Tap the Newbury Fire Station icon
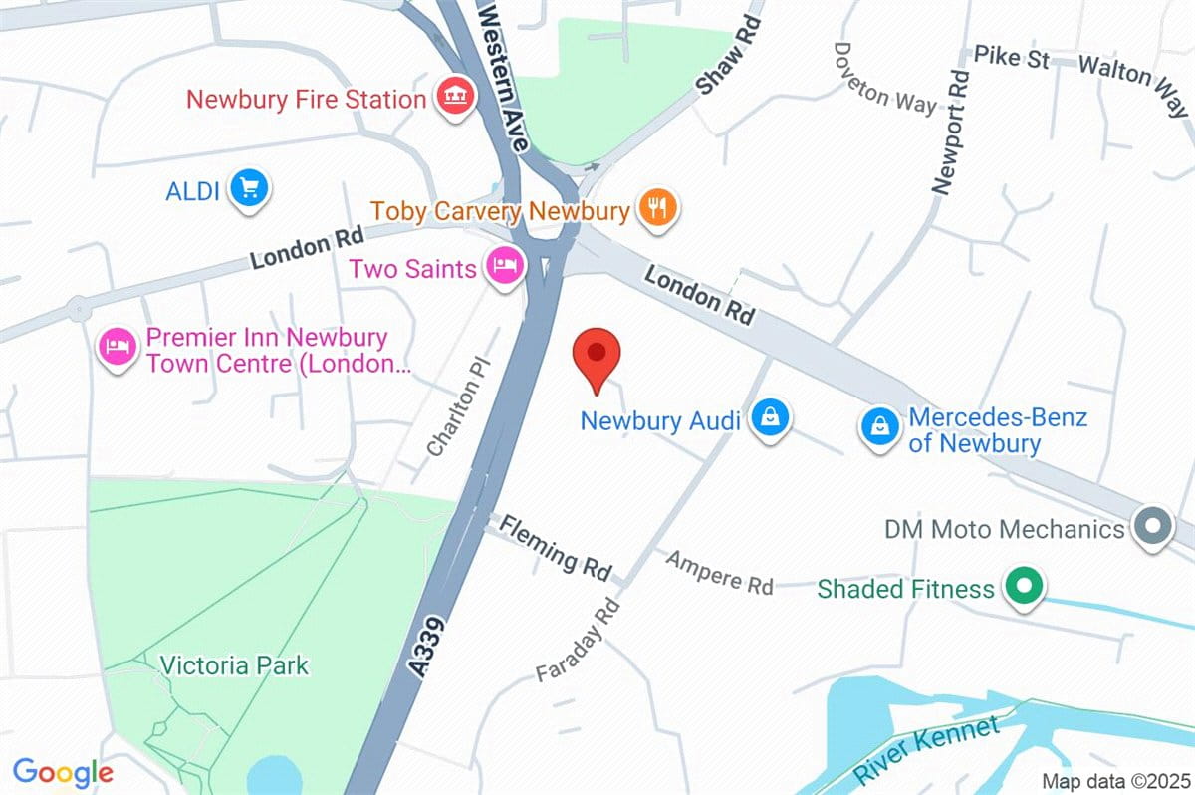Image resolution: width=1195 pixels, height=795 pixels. point(455,97)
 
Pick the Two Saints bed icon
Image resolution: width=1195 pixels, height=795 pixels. point(505,266)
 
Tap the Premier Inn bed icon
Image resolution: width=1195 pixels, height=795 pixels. point(118,349)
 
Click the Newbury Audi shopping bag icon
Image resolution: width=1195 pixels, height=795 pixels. point(770,418)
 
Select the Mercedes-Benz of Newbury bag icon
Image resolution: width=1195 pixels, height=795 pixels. point(879,428)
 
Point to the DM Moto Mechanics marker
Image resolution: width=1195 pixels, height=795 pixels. point(1152,526)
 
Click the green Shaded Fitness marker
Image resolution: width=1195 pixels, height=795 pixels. point(1022,586)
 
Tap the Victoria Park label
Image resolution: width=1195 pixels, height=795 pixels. point(235,664)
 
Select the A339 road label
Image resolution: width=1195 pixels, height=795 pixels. point(431,647)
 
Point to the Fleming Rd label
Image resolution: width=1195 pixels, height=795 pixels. point(555,547)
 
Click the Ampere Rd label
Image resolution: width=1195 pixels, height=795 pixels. point(719,572)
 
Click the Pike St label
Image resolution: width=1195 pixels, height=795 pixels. point(1011,57)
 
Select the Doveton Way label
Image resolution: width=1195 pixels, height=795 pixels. point(884,77)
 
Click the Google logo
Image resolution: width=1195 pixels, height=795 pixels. point(63,772)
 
